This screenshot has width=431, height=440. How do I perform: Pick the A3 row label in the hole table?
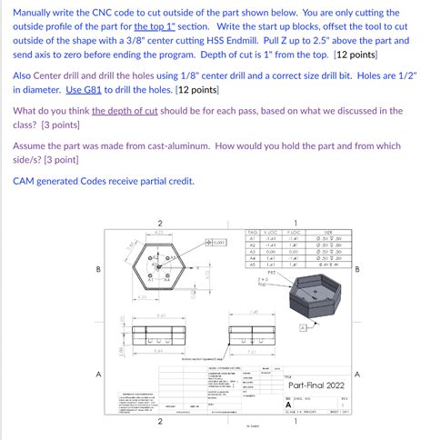[x=253, y=251]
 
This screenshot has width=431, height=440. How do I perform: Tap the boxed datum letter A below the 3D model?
[x=303, y=326]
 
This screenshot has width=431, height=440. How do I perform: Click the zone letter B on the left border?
[x=98, y=269]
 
